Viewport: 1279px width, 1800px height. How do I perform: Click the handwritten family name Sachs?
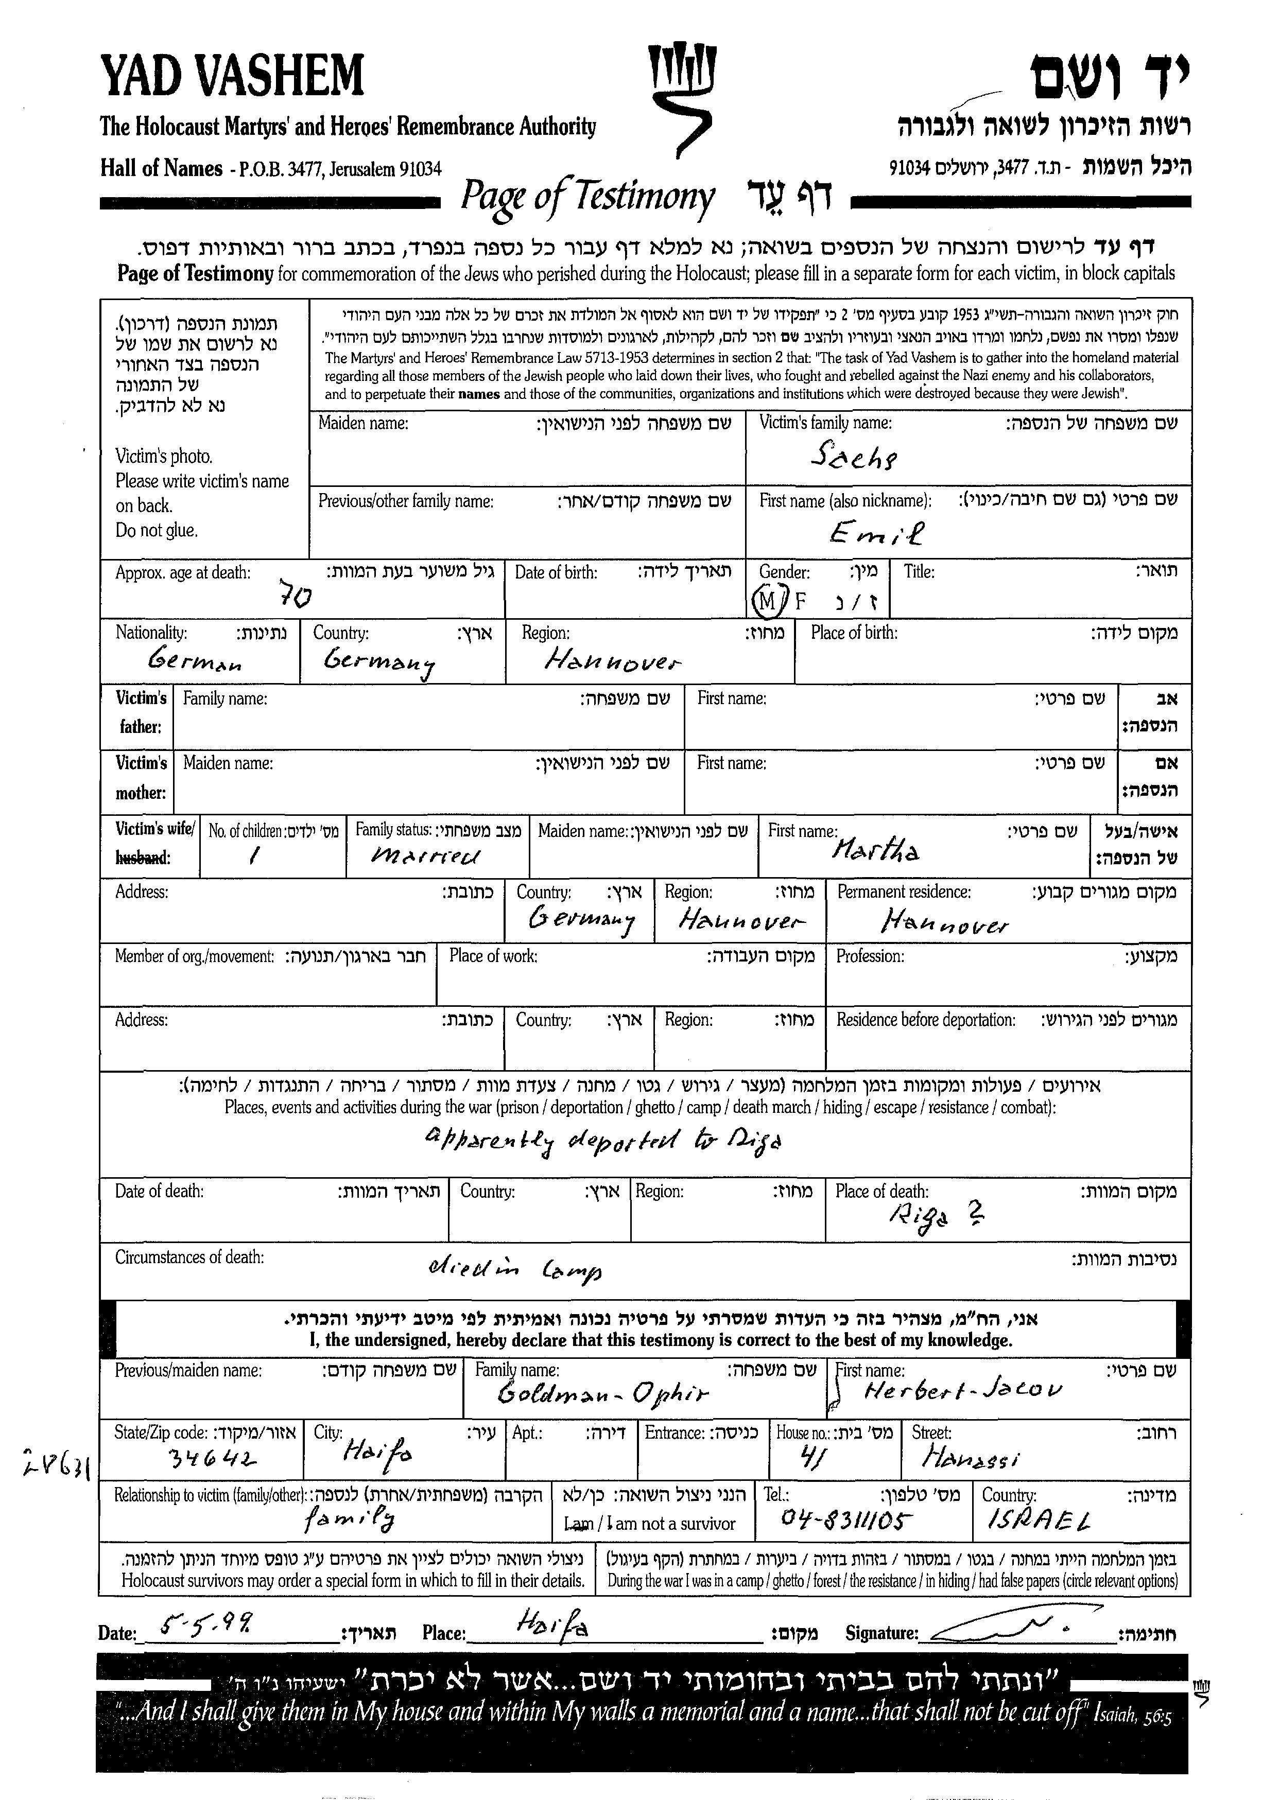854,457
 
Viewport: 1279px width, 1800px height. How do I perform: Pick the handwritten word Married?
425,855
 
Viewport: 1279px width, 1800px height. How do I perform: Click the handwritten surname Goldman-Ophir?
602,1394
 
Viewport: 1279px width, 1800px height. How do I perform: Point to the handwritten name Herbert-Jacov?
962,1391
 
